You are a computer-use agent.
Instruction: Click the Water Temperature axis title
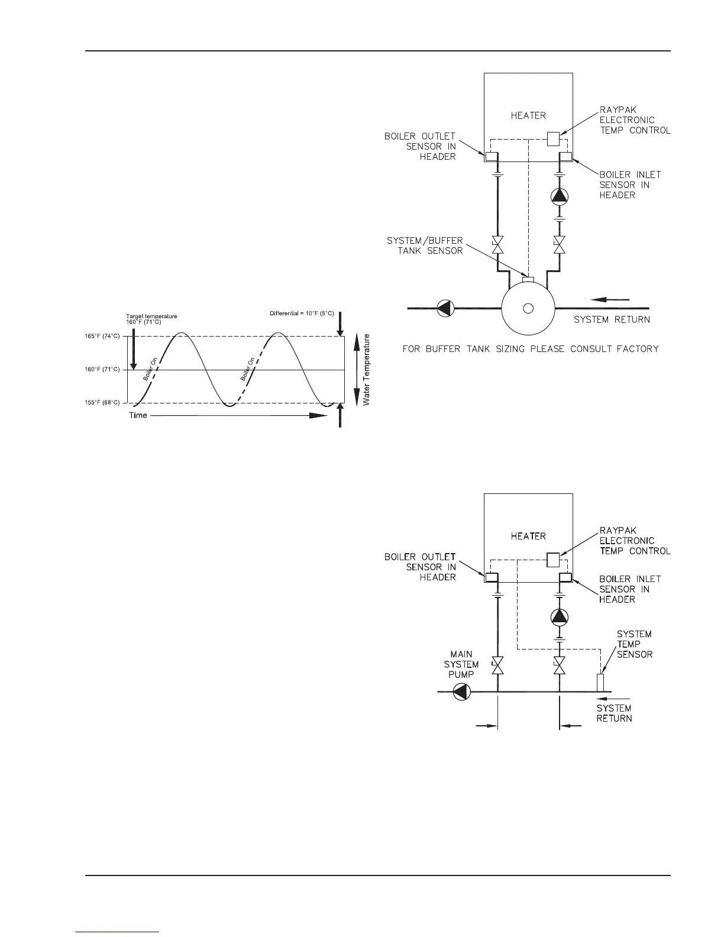367,370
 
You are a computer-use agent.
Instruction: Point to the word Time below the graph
138,415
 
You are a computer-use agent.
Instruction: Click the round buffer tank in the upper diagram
528,308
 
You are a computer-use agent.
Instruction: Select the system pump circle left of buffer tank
444,308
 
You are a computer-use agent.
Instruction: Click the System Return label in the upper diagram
612,320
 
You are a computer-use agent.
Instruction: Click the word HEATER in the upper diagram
528,116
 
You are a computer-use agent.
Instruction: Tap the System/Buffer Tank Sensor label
425,245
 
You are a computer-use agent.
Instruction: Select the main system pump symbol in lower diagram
461,692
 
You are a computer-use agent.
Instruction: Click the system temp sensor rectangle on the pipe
600,682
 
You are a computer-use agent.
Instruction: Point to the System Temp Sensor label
635,644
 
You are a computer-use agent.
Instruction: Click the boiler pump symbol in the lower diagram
559,617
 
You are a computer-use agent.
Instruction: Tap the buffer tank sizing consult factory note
531,349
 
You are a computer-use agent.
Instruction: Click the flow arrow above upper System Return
610,299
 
